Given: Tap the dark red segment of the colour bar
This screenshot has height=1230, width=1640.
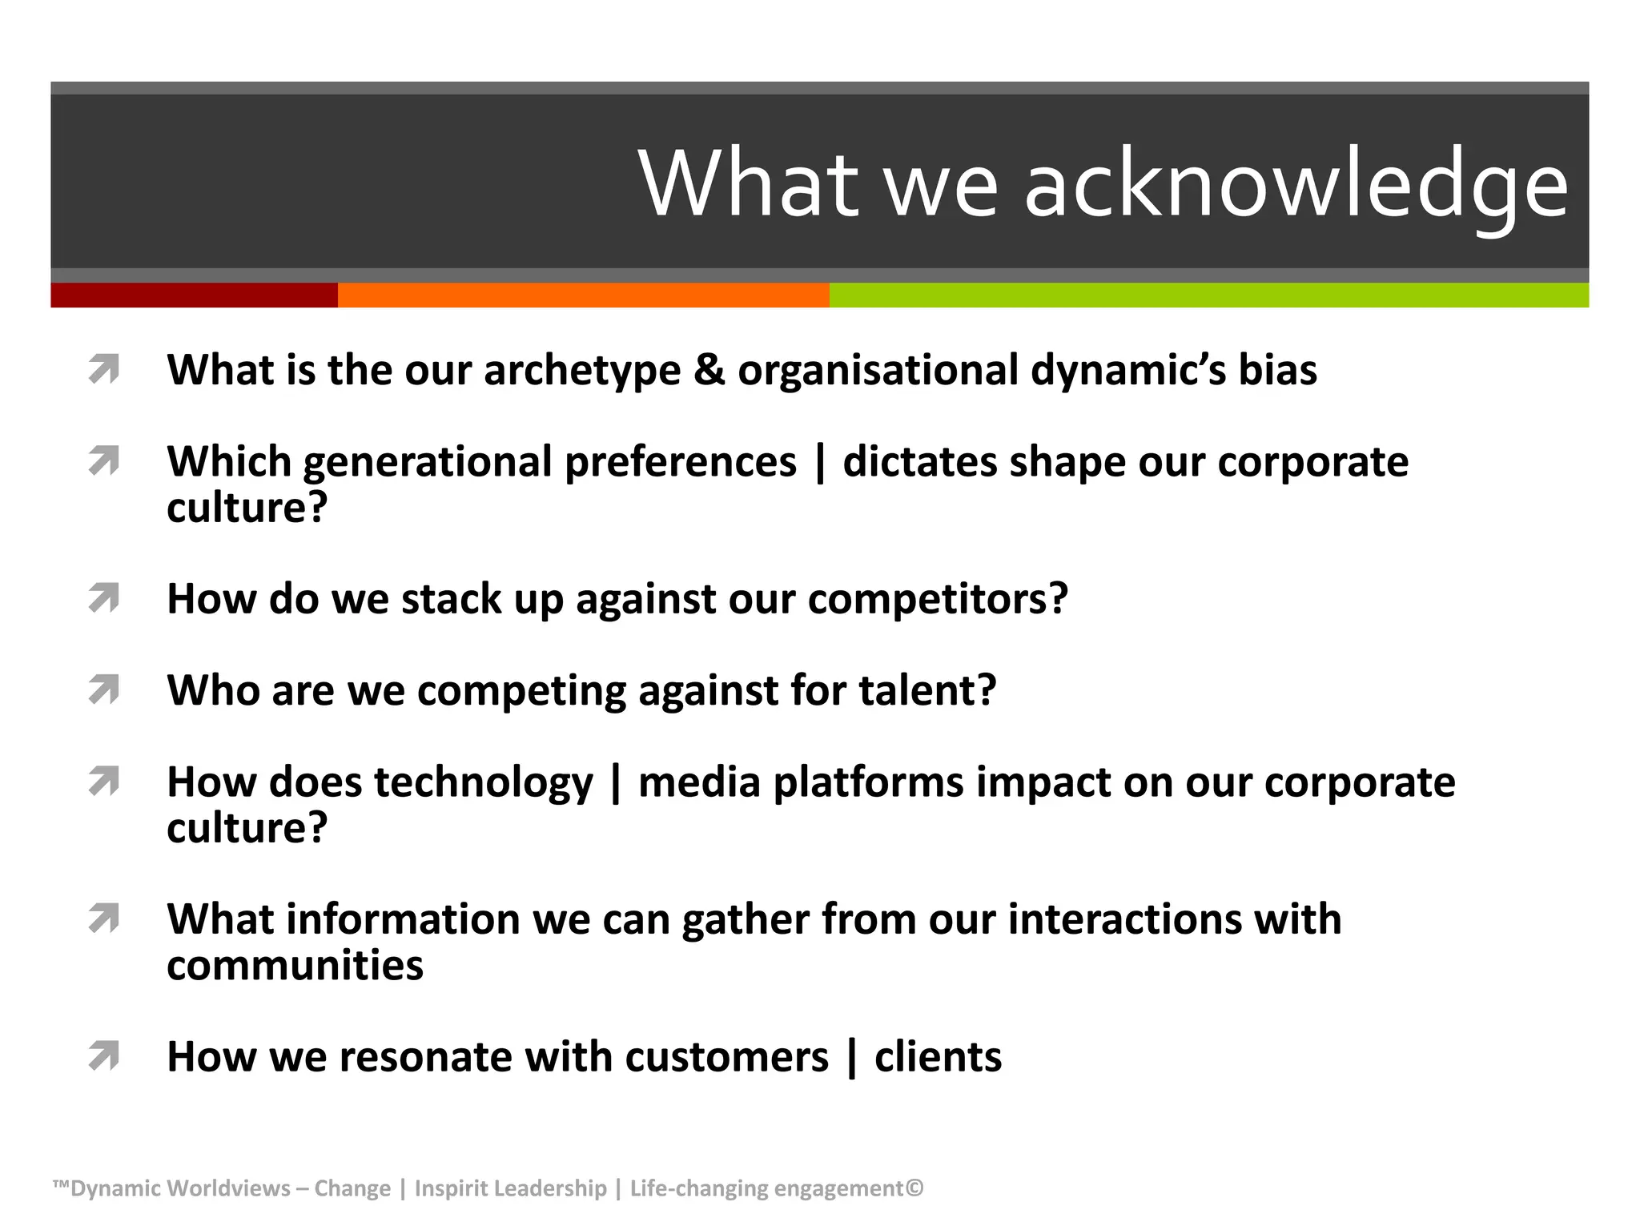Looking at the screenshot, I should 194,295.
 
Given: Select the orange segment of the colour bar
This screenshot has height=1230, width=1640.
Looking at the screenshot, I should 583,295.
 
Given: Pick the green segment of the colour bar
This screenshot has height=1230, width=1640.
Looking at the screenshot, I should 1209,295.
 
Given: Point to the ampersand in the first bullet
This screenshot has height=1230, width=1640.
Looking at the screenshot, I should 709,370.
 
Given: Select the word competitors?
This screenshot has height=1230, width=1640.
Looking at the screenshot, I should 938,600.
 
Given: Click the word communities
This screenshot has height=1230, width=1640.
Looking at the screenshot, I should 295,965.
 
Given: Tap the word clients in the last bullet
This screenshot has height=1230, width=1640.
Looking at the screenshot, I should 938,1057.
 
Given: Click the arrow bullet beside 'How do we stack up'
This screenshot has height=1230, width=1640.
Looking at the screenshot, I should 104,598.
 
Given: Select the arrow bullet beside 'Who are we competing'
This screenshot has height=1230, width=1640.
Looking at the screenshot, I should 104,689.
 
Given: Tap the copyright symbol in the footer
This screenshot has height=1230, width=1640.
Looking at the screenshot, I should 914,1188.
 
